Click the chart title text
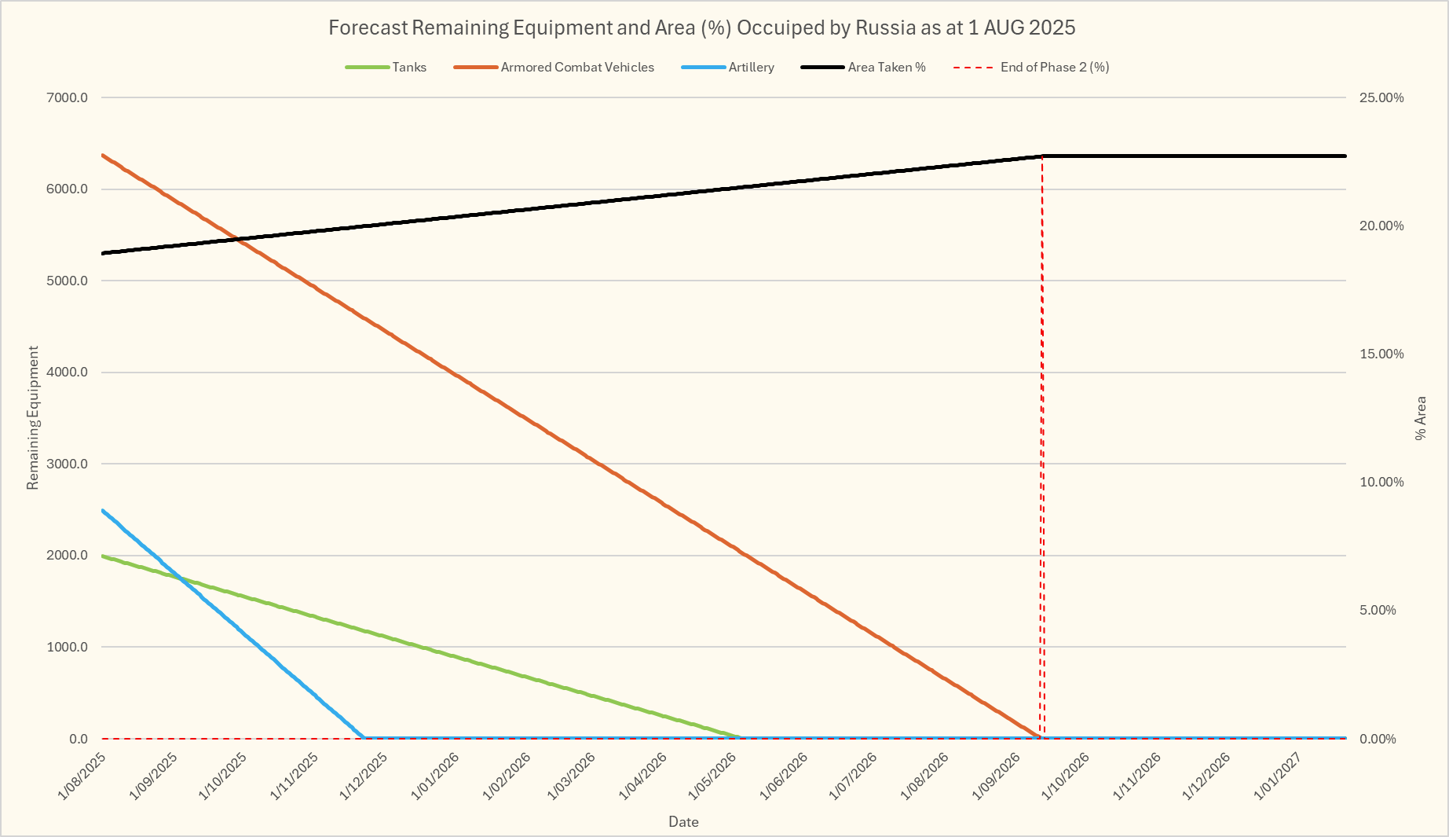701,28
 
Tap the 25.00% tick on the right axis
1381,97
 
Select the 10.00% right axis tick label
1381,482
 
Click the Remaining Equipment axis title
33,418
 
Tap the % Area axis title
1421,418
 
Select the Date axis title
683,822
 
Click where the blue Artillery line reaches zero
364,737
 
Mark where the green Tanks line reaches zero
739,737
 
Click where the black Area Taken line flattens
1042,156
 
